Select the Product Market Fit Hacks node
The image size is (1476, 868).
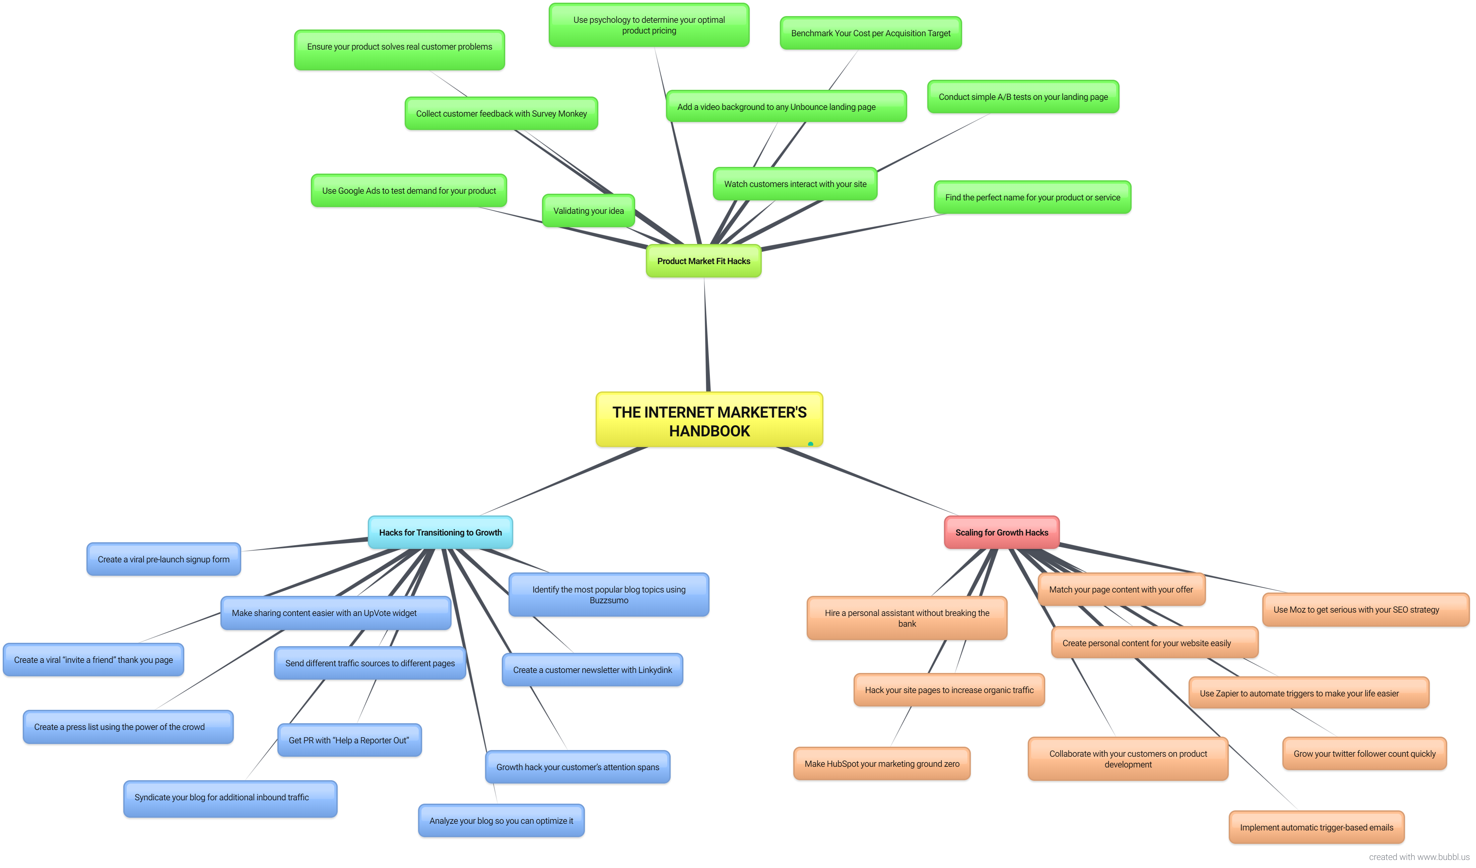(x=703, y=261)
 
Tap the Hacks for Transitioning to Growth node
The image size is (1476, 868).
(x=440, y=532)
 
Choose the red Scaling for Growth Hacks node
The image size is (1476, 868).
(x=1002, y=532)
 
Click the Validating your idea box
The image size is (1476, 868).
(x=588, y=210)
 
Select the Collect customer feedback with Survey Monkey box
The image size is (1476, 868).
(x=501, y=113)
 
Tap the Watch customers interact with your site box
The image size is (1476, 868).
(x=795, y=183)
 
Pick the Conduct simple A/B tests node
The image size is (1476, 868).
(x=1023, y=97)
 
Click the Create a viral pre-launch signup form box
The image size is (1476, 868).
(x=163, y=559)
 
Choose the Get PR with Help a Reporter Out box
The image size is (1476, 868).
(x=349, y=740)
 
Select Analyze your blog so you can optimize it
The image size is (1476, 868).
(x=501, y=820)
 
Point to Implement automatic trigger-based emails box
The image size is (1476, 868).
(x=1316, y=827)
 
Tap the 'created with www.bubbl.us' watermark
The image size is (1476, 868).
(x=1419, y=857)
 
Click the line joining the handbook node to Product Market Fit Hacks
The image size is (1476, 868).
(x=707, y=334)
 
